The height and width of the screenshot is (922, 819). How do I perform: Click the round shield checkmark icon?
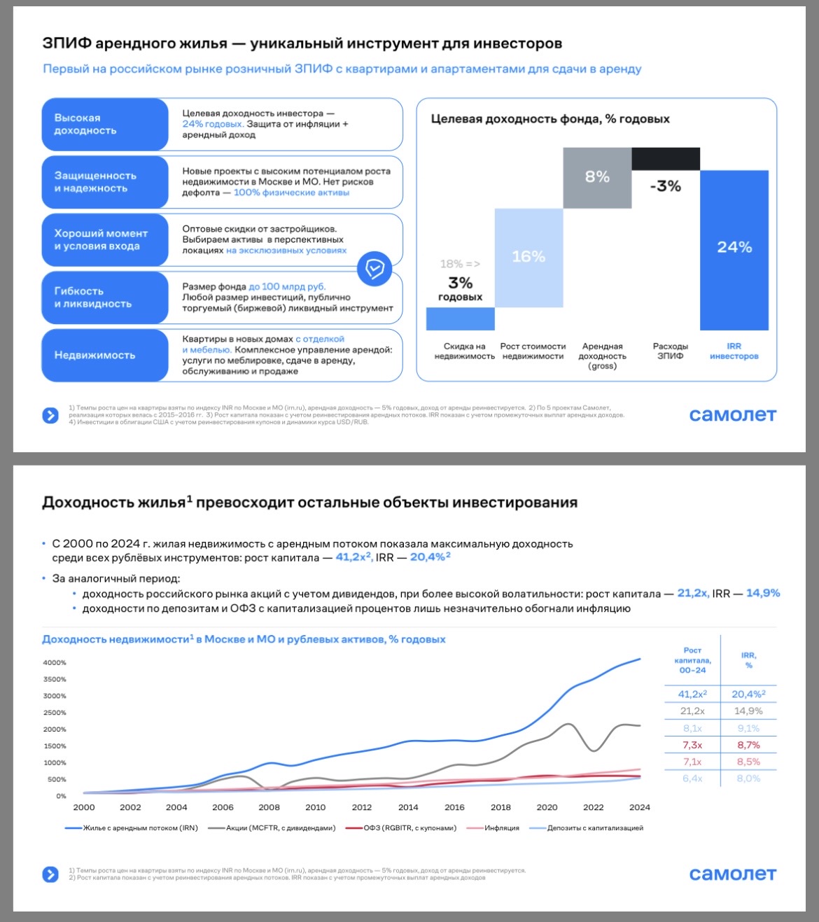click(374, 269)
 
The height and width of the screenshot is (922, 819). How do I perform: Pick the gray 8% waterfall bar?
click(597, 178)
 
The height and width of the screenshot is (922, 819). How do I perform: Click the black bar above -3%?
click(666, 159)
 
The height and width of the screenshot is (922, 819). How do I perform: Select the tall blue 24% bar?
click(734, 250)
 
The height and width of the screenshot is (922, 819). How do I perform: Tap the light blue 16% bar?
click(528, 258)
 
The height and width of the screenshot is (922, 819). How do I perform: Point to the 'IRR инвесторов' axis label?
click(734, 351)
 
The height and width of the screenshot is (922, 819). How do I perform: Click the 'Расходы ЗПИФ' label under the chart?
click(670, 351)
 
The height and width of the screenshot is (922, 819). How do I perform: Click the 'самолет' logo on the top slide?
click(732, 414)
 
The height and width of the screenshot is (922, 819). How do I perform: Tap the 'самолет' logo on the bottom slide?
click(732, 874)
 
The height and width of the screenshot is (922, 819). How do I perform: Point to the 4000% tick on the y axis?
click(55, 662)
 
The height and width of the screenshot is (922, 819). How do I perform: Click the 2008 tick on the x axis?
click(269, 807)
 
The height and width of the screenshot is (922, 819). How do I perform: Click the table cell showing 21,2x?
click(692, 711)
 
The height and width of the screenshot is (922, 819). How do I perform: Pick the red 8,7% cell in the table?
click(748, 745)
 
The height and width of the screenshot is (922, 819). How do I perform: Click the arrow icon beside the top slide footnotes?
click(50, 415)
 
